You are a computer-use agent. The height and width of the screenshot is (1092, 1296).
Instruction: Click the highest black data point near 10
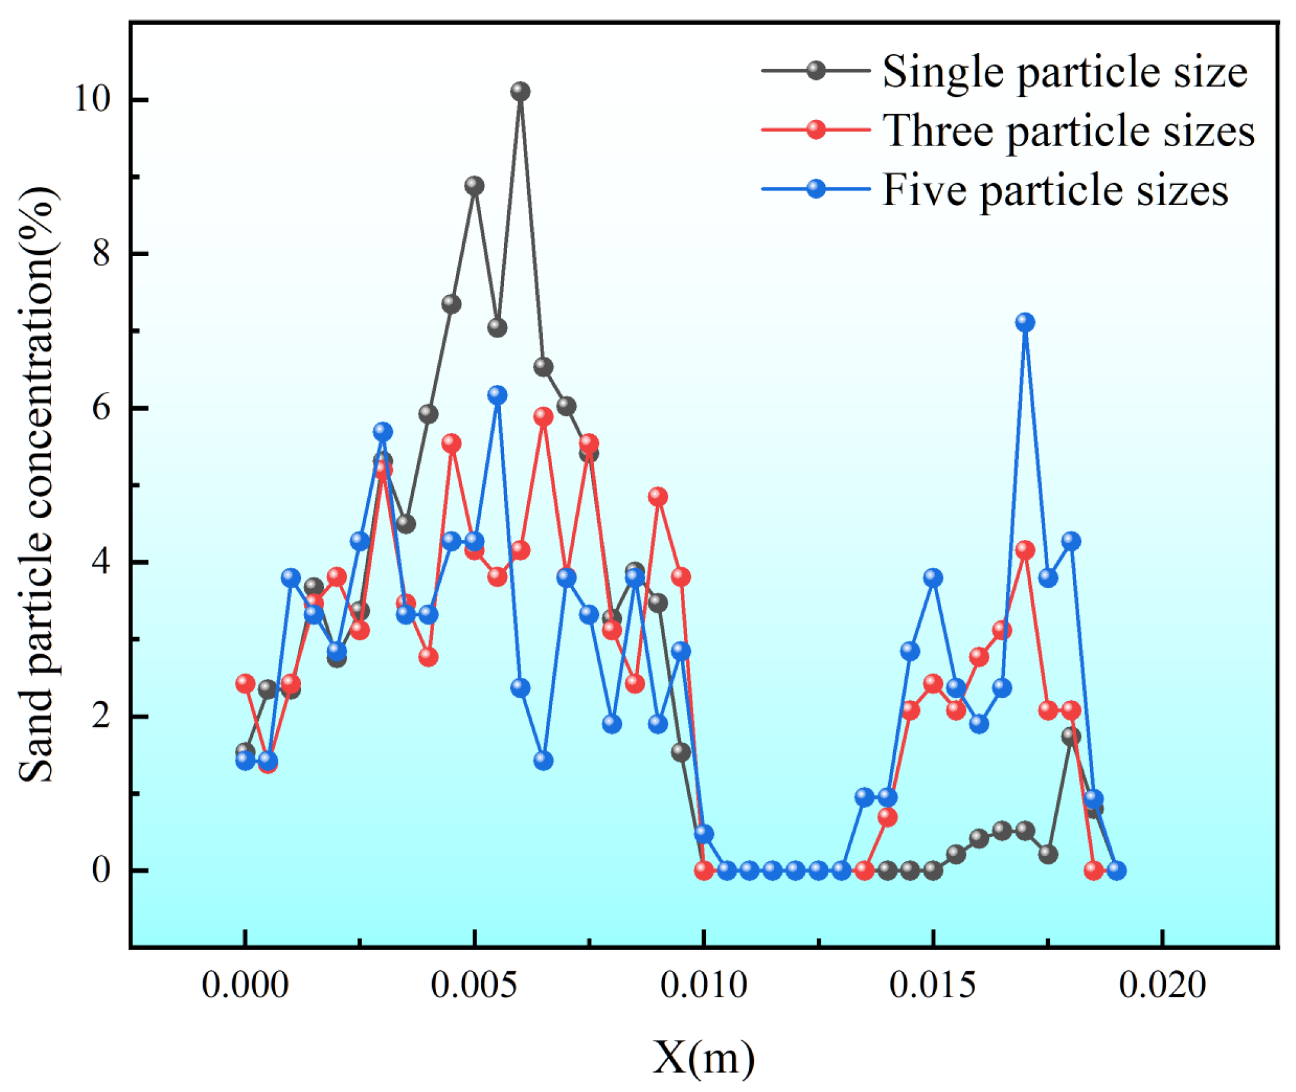tap(520, 92)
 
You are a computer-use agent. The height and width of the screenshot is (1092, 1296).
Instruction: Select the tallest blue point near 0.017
tap(1025, 322)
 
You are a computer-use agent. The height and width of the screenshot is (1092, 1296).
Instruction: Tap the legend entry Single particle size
tap(1064, 72)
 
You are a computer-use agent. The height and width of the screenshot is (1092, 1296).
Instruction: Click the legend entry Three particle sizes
tap(1068, 131)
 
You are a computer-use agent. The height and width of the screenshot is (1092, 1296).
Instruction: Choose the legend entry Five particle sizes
tap(1055, 189)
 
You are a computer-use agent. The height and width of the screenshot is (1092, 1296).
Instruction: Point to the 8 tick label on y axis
tap(101, 254)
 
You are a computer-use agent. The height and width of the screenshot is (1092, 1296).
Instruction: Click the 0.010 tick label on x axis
tap(703, 986)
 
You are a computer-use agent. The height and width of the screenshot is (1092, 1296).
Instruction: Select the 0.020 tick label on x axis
tap(1162, 986)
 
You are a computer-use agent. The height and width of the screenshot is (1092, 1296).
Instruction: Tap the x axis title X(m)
tap(703, 1058)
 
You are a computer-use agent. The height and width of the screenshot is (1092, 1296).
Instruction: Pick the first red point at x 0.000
tap(245, 683)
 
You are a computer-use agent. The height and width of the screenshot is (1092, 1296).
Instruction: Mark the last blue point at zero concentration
tap(1117, 870)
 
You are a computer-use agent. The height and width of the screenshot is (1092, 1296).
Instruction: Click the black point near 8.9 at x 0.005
tap(474, 186)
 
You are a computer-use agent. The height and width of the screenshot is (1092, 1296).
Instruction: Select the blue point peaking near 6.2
tap(497, 395)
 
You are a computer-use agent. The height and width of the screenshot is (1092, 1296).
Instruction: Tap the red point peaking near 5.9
tap(543, 416)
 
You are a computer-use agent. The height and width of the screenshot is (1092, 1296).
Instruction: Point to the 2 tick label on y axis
tap(101, 716)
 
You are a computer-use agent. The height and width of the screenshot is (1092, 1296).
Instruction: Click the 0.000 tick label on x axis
tap(245, 986)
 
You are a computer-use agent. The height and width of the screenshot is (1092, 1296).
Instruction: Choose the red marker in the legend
tap(816, 130)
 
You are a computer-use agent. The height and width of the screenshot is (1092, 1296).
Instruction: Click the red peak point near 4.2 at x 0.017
tap(1025, 550)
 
